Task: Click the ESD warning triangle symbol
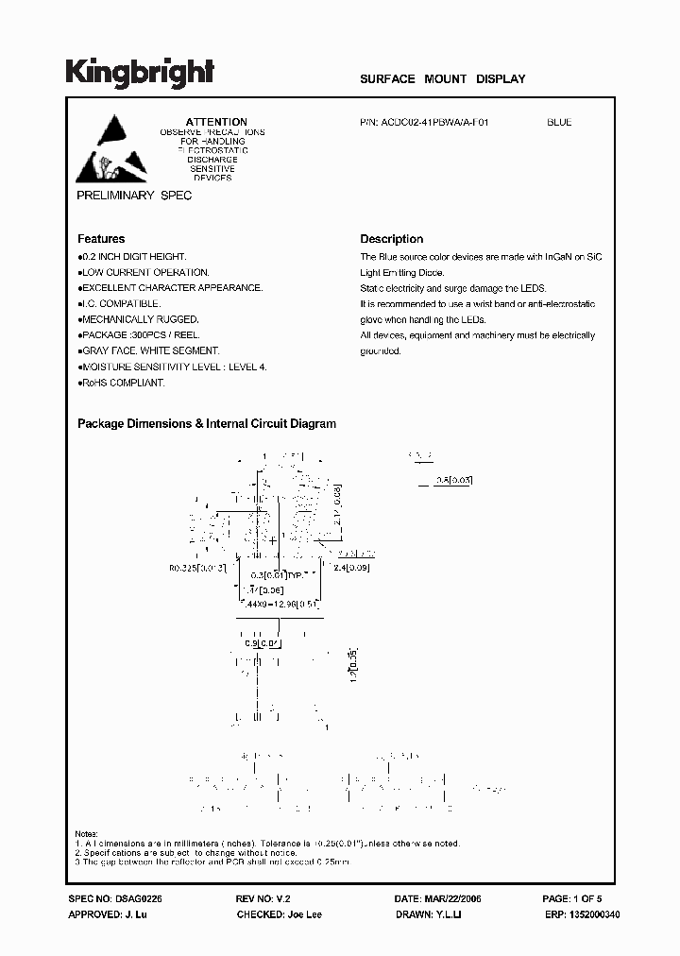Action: [111, 149]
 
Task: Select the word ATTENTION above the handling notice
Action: [216, 122]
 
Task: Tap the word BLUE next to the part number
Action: [559, 122]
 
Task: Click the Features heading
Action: [101, 239]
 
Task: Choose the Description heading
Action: [392, 239]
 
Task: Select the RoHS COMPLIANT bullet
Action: [122, 383]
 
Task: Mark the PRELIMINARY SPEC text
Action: [134, 195]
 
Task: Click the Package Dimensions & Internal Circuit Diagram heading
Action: [207, 424]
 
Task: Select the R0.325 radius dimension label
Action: [197, 568]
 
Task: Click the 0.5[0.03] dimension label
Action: [454, 480]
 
